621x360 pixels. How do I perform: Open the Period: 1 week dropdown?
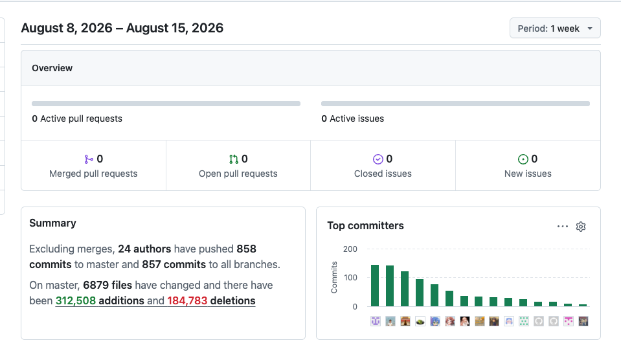tap(555, 28)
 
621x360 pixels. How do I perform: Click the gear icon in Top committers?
tap(581, 227)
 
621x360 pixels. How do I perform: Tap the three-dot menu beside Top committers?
tap(562, 227)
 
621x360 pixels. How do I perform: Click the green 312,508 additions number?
tap(76, 300)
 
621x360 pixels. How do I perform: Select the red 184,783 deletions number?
tap(187, 300)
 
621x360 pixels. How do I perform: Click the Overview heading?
tap(52, 68)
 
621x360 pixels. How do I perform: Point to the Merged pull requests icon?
tap(89, 159)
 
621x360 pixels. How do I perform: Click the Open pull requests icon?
tap(234, 159)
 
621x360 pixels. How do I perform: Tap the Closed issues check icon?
tap(378, 159)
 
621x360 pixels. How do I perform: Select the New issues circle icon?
tap(523, 159)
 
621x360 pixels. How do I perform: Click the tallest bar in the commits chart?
tap(375, 286)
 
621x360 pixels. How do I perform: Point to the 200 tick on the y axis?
tap(350, 249)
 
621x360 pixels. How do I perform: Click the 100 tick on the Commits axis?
tap(350, 278)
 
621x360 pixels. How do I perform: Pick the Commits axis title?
tap(334, 277)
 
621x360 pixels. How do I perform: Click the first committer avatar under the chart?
tap(376, 321)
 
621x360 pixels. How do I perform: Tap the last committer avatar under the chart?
tap(583, 321)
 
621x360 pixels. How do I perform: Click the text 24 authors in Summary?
tap(144, 249)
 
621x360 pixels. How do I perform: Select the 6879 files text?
tap(107, 285)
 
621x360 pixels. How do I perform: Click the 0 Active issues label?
tap(352, 118)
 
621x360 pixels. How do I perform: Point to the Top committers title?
tap(366, 226)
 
